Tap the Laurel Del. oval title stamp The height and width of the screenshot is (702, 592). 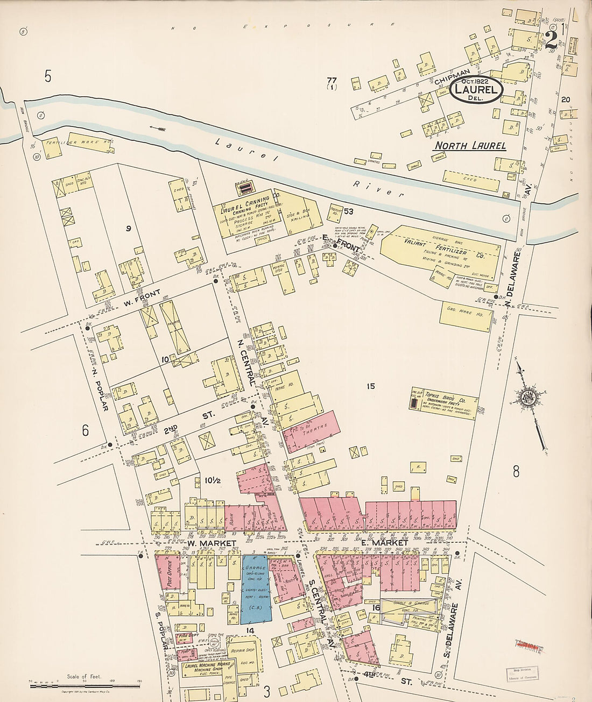point(476,89)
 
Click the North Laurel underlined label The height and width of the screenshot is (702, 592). point(470,146)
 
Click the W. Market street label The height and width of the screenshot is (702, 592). point(212,544)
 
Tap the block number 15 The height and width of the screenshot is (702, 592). point(370,386)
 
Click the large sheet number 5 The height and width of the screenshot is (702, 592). point(48,77)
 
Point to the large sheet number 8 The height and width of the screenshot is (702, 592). point(516,472)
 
